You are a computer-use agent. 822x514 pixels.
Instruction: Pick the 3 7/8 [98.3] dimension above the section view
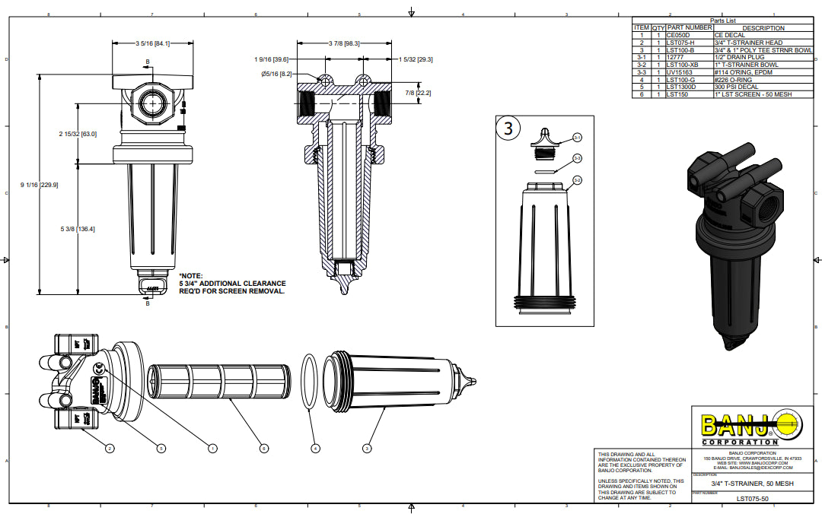(x=344, y=43)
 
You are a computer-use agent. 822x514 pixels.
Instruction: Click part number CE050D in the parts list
(x=677, y=35)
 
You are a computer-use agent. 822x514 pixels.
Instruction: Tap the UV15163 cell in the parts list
(x=678, y=72)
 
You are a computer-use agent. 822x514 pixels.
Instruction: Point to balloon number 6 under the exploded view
(x=263, y=449)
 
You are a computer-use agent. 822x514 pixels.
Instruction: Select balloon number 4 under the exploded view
(x=315, y=449)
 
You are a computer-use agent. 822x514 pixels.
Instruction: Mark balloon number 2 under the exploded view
(x=110, y=449)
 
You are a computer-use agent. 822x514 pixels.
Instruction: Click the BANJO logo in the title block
(x=745, y=427)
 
